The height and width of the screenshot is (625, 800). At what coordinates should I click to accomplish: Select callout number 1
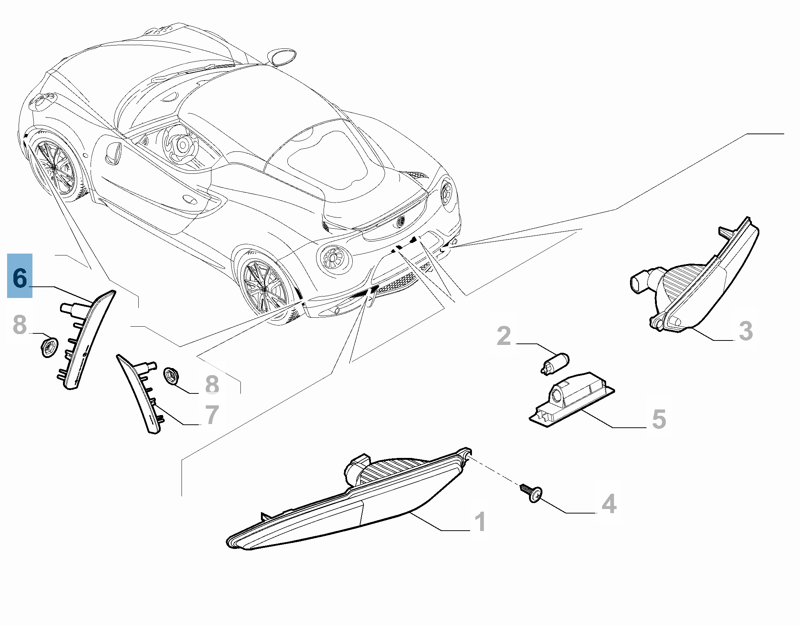click(x=480, y=521)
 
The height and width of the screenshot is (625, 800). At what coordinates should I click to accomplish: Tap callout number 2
click(x=504, y=336)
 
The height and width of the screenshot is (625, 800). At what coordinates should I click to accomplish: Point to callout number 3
click(x=746, y=331)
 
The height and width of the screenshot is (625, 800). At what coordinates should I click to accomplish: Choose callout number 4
click(x=609, y=503)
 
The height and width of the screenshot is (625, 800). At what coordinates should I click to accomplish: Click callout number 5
click(x=659, y=419)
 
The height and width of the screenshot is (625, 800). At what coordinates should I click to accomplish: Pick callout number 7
click(x=212, y=415)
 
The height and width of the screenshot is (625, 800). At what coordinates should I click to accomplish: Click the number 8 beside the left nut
click(x=20, y=324)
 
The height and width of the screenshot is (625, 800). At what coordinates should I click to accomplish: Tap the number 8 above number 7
click(x=212, y=384)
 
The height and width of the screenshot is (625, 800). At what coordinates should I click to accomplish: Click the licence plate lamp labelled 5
click(x=571, y=399)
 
